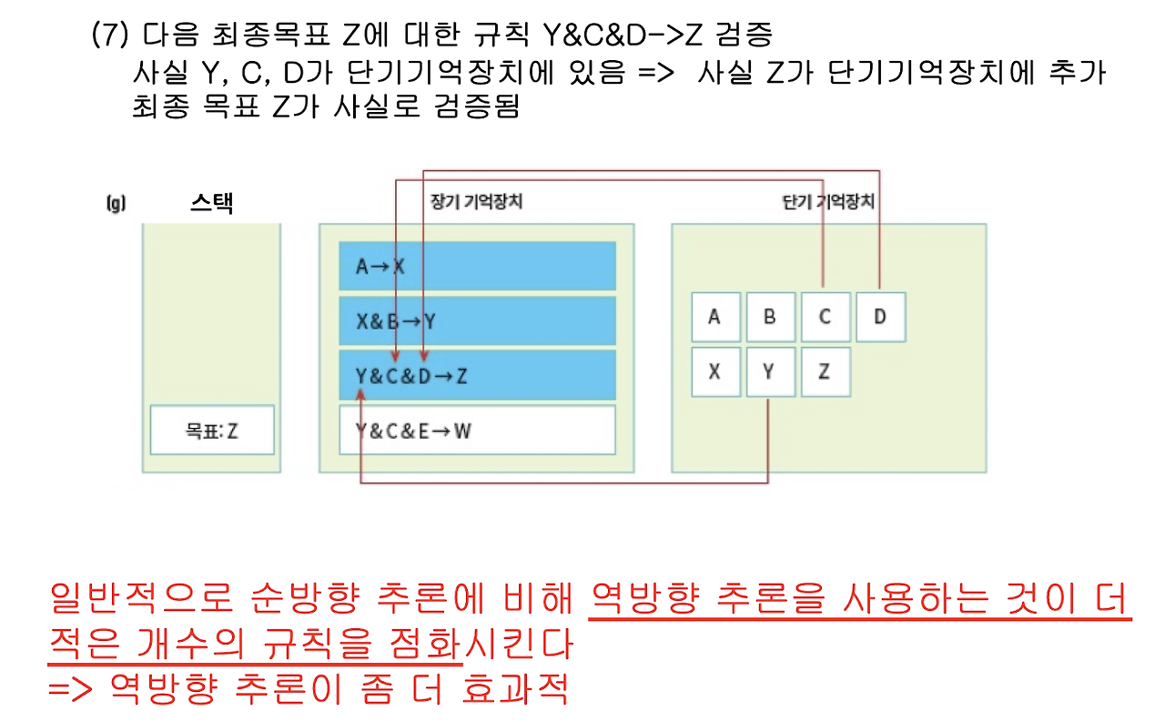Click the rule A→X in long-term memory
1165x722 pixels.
point(477,266)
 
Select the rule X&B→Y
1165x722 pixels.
point(477,320)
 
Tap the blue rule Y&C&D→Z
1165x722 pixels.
point(477,375)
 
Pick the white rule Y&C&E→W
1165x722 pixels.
point(477,430)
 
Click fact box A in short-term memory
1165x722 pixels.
point(715,317)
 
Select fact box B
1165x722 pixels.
point(770,317)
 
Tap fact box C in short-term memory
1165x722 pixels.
point(826,317)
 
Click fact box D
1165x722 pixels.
point(880,317)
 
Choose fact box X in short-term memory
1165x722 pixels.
point(715,371)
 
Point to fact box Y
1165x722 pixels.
point(770,371)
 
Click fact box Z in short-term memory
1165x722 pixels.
point(826,371)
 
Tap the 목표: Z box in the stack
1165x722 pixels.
point(212,430)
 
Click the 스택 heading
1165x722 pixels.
point(211,202)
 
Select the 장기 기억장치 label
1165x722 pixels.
point(475,202)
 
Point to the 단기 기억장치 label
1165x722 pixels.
point(828,202)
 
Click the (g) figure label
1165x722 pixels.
point(115,203)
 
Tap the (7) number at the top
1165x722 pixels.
point(110,36)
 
